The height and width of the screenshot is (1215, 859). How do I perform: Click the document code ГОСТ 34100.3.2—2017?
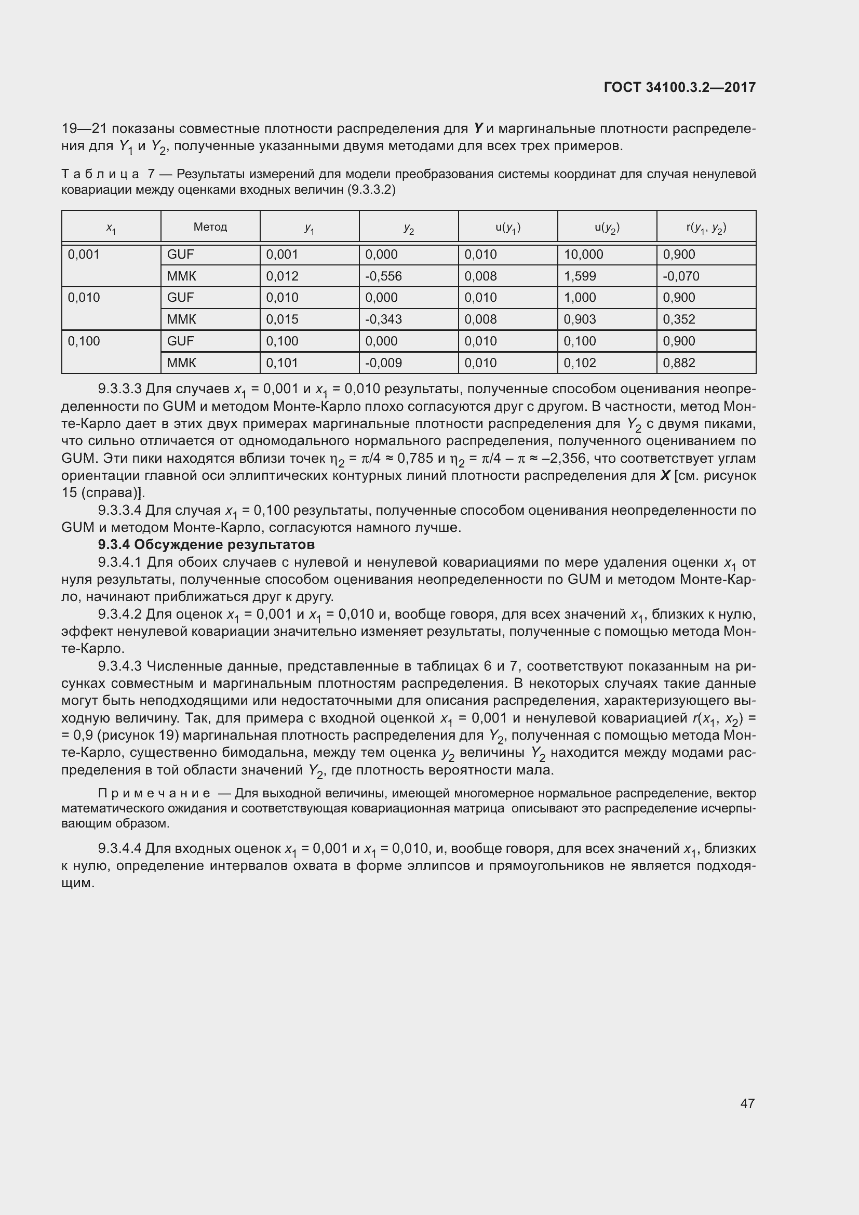(x=679, y=87)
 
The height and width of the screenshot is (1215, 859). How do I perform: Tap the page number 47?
(x=747, y=1103)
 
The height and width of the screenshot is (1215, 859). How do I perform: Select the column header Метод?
(x=210, y=227)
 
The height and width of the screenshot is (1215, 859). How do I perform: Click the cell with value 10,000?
(x=583, y=255)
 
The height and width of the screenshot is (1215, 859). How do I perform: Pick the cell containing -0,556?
(x=383, y=276)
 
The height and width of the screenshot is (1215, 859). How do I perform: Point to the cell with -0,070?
(x=681, y=276)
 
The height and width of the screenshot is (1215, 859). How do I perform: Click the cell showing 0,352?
(x=679, y=319)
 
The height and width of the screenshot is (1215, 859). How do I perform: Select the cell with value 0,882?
(x=679, y=363)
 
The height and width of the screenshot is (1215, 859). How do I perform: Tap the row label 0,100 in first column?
(x=84, y=341)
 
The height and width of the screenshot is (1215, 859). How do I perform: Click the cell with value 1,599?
(x=580, y=276)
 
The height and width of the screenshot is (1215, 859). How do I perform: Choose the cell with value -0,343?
(x=383, y=319)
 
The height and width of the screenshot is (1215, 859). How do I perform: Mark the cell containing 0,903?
(x=580, y=319)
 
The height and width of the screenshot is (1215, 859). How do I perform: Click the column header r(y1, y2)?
(x=706, y=228)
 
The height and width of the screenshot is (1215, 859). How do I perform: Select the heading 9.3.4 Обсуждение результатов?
(x=206, y=544)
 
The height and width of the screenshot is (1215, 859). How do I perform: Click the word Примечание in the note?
(x=154, y=793)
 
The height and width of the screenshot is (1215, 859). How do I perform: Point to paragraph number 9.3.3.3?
(x=119, y=389)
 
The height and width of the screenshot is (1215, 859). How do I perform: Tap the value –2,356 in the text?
(x=566, y=458)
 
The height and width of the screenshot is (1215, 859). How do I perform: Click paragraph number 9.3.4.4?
(x=119, y=849)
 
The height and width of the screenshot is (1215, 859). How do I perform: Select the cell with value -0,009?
(x=383, y=363)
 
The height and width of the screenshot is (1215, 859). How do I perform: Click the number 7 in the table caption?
(x=150, y=174)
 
